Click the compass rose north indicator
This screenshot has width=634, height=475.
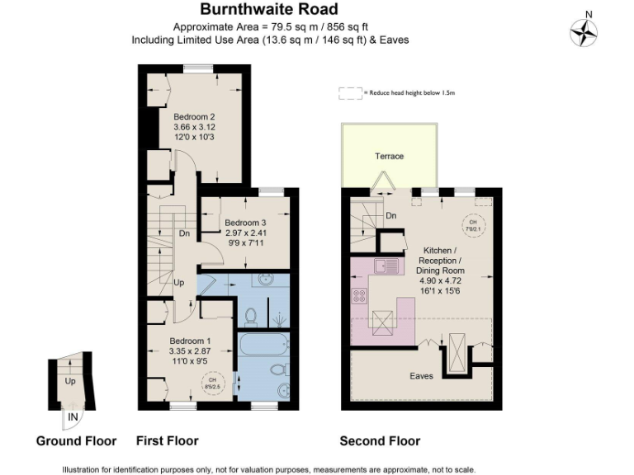click(x=584, y=31)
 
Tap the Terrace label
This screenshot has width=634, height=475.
click(x=389, y=156)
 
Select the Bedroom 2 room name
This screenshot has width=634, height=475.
click(x=194, y=116)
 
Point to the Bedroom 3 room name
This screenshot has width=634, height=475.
click(x=245, y=223)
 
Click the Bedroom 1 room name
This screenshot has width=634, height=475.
click(x=191, y=341)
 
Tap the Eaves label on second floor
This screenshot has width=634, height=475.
click(x=421, y=376)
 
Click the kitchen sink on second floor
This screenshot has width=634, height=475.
click(x=386, y=266)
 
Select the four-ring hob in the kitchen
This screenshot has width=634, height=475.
click(x=361, y=295)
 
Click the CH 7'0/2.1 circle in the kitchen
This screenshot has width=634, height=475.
click(x=473, y=225)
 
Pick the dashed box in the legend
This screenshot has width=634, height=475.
click(x=351, y=93)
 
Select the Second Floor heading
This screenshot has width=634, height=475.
click(x=380, y=441)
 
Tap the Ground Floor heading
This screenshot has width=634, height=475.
click(x=76, y=441)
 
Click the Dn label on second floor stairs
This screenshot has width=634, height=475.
click(x=391, y=216)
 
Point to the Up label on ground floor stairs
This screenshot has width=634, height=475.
click(x=69, y=383)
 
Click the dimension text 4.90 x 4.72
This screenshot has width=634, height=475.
click(x=444, y=280)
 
